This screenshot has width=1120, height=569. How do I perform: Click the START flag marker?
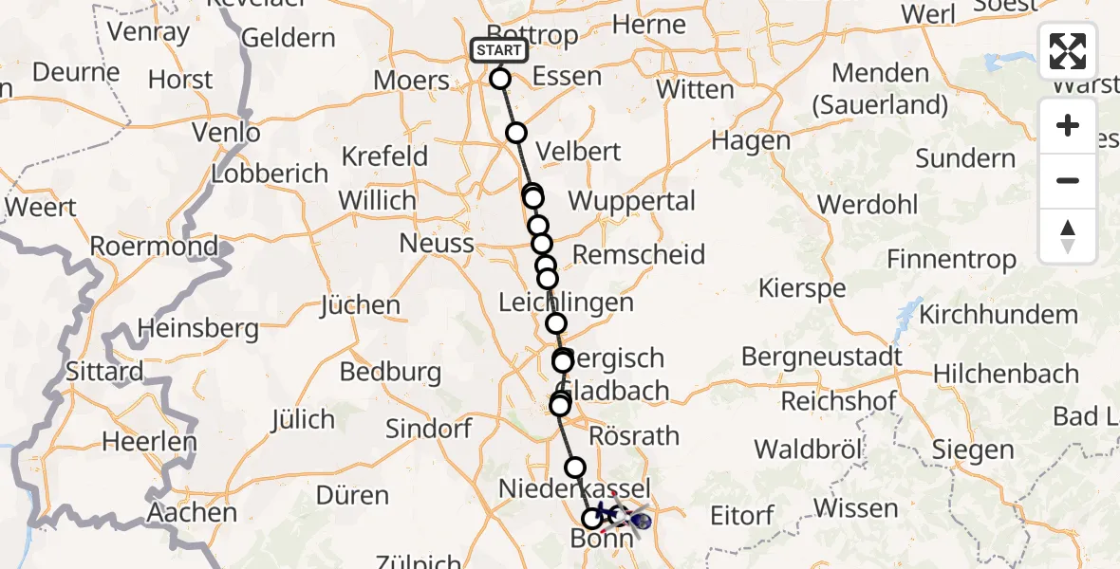[499, 50]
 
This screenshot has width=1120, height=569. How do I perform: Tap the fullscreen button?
[1068, 51]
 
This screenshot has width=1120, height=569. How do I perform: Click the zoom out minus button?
[1068, 180]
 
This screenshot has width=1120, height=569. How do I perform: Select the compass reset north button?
[1068, 235]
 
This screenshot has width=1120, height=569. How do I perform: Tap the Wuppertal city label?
[631, 201]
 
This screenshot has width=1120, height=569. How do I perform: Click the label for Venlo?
[226, 133]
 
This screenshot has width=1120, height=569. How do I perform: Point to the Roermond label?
[154, 247]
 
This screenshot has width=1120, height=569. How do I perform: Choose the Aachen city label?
[193, 513]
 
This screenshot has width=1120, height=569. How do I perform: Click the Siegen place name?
[972, 450]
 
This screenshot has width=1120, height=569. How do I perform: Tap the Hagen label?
[751, 141]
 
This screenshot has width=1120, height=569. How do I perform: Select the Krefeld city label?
[384, 156]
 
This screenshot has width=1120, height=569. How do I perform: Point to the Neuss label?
[437, 243]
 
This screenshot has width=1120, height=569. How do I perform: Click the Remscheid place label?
[639, 254]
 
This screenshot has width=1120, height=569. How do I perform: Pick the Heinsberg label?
[197, 329]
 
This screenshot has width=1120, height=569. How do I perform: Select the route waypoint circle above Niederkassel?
[575, 467]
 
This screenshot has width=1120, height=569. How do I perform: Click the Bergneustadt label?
[822, 358]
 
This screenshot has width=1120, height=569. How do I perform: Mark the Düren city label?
[352, 495]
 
